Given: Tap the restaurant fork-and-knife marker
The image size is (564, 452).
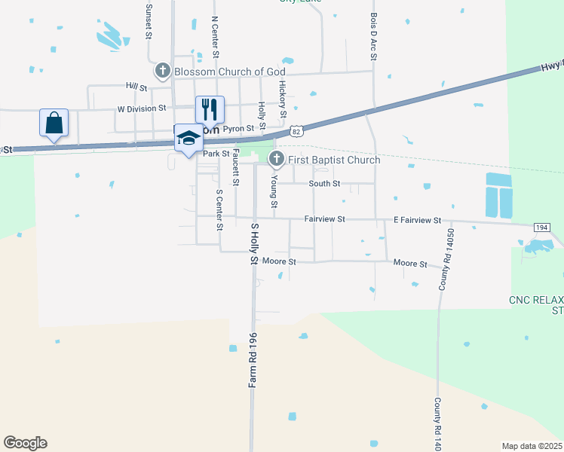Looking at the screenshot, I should [x=210, y=109].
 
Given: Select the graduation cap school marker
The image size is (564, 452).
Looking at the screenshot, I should [x=189, y=138].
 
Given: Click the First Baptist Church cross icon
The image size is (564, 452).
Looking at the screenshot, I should [x=277, y=159].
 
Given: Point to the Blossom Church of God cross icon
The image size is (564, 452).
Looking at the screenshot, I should [x=162, y=72].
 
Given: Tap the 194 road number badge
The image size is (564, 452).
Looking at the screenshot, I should [x=542, y=227].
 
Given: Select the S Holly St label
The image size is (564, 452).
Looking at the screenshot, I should [x=254, y=244].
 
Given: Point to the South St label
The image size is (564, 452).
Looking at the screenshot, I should [x=325, y=183].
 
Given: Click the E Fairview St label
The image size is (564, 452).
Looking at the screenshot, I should [x=417, y=220].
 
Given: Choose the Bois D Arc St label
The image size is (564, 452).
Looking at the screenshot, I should [x=373, y=35].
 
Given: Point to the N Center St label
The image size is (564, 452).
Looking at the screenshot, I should [x=215, y=38].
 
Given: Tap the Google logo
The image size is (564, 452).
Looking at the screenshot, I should [x=25, y=443].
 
